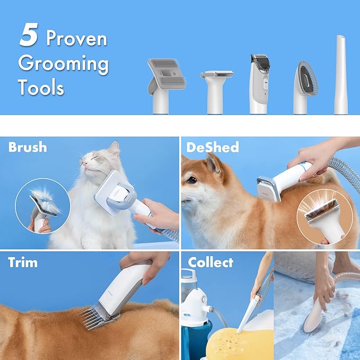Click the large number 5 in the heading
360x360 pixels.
pos(29,34)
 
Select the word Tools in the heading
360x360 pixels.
pos(41,87)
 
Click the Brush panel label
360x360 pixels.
pos(28,147)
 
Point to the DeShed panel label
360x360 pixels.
pos(213,147)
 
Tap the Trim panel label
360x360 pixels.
pos(23,262)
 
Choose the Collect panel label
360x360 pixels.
pos(210,262)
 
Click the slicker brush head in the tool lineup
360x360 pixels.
pos(167,86)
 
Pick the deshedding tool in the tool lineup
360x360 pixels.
pos(216,92)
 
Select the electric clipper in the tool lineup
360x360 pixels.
pos(259,84)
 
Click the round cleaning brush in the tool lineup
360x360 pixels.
pos(305,87)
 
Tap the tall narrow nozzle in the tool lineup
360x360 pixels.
pos(341,75)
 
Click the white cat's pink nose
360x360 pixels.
pos(86,163)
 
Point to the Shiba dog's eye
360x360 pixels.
pos(192,180)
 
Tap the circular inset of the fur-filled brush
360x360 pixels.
pos(43,206)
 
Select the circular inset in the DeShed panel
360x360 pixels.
pos(324,217)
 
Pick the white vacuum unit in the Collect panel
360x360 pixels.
pos(195,305)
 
